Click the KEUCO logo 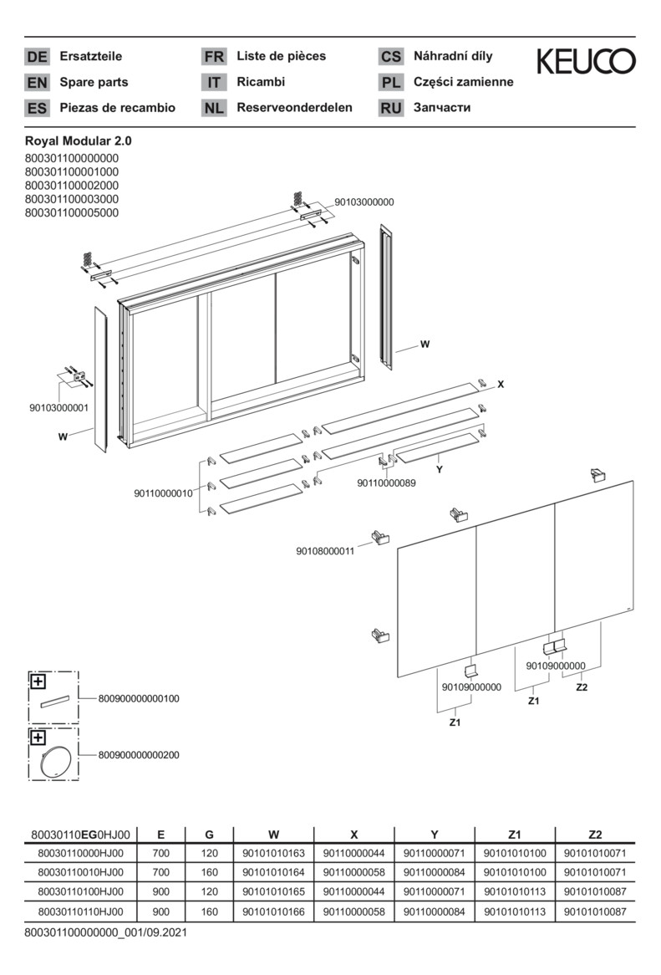tap(585, 61)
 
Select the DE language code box tap(37, 57)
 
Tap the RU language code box tap(391, 108)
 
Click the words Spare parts tap(94, 82)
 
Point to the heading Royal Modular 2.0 tap(79, 141)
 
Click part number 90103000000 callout tap(364, 202)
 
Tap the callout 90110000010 tap(164, 493)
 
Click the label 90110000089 tap(386, 482)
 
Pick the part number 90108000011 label tap(325, 551)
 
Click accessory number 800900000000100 tap(139, 698)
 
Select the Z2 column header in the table tap(594, 834)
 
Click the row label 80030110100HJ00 tap(81, 891)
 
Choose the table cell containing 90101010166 tap(273, 911)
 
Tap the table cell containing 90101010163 tap(273, 853)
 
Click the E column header tap(160, 834)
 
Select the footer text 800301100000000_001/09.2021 tap(105, 931)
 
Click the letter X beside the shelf tap(501, 385)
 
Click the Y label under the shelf tap(439, 471)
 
